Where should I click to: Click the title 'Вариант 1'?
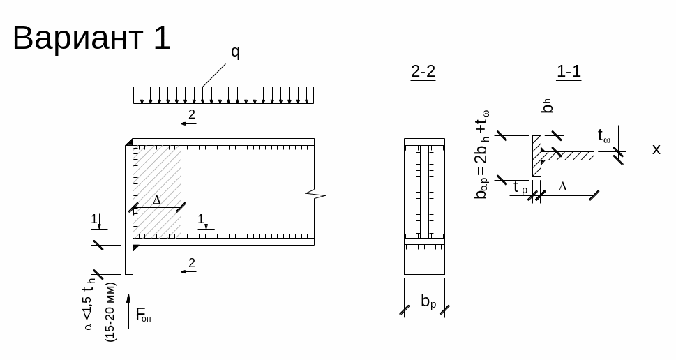(91, 38)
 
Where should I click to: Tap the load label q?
(236, 52)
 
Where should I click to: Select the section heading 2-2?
(423, 71)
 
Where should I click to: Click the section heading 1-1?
(569, 71)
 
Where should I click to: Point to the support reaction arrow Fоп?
(128, 310)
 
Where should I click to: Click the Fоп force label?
(143, 315)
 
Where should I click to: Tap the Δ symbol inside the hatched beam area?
(157, 200)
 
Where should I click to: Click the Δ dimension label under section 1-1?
(563, 187)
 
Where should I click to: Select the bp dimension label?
(428, 301)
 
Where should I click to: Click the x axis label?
(656, 149)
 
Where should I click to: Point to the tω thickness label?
(604, 135)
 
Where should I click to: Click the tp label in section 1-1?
(520, 187)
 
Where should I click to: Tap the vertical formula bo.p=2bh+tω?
(481, 154)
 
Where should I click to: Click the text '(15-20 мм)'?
(110, 311)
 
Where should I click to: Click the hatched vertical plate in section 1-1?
(536, 156)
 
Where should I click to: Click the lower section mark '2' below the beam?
(191, 264)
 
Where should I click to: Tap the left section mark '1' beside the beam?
(94, 220)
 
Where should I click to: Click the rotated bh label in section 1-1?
(548, 105)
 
